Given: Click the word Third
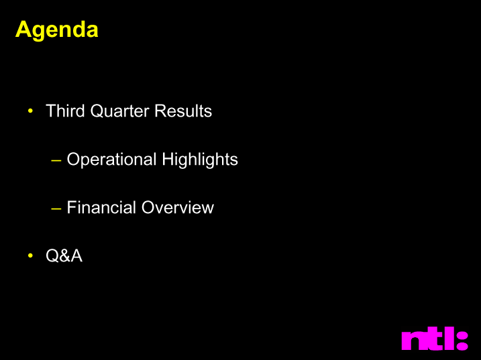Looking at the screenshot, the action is tap(65, 111).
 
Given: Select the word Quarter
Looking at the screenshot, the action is tap(120, 111).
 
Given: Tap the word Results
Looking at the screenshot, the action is tap(183, 111).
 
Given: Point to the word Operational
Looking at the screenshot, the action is tap(111, 160).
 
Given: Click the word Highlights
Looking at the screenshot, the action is tap(200, 160).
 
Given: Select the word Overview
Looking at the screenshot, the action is tap(178, 207).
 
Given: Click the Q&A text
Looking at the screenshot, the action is tap(64, 255).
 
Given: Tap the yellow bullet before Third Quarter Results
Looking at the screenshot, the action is tap(30, 111).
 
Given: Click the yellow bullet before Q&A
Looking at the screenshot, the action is tap(30, 255).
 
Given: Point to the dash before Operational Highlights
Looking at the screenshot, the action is tap(56, 160).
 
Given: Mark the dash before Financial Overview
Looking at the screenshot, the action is tap(56, 208).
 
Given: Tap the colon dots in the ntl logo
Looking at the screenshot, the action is tap(462, 341).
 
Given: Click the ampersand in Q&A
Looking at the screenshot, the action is tap(64, 255).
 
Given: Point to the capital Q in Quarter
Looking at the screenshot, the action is tap(97, 111).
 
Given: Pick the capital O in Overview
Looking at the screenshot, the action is tap(149, 207).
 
